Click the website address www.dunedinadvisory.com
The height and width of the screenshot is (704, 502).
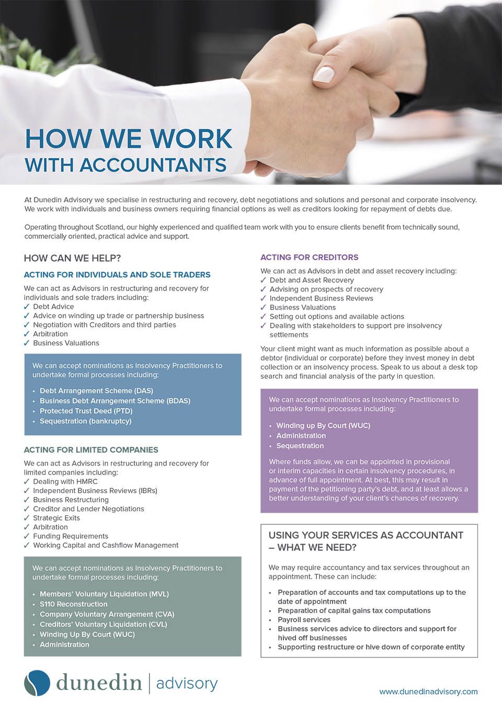point(428,691)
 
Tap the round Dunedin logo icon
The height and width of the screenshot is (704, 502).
point(37,683)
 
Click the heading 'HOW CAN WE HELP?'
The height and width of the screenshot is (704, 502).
point(72,258)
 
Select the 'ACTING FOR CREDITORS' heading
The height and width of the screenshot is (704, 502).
point(310,257)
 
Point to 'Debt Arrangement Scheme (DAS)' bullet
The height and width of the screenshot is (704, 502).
point(96,390)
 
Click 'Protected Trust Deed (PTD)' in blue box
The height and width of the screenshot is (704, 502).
point(86,411)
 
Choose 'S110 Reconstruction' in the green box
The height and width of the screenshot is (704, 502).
point(73,604)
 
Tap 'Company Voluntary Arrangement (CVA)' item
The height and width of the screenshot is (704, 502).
point(107,614)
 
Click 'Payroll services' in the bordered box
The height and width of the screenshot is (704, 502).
point(304,619)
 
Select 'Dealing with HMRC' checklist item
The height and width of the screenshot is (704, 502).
point(65,481)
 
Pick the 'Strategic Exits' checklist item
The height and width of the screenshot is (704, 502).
point(56,518)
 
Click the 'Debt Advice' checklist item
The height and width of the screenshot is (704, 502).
point(53,307)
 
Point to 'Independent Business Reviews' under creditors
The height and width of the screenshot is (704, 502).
point(321,298)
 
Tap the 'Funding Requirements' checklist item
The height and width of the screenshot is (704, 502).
point(71,536)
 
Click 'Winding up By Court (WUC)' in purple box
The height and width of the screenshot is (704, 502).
point(323,425)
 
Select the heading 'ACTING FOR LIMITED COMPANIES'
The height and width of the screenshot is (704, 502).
point(91,449)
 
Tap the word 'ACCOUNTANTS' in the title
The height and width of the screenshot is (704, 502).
point(153,165)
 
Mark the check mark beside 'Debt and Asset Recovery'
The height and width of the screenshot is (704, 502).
point(264,280)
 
